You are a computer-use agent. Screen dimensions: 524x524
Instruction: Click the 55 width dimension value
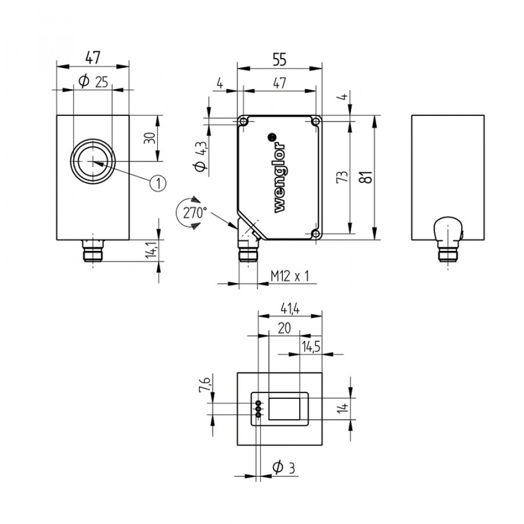click(x=279, y=60)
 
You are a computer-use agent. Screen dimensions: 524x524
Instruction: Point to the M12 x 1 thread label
click(x=290, y=276)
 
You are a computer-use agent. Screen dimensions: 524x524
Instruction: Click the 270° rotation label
click(x=195, y=213)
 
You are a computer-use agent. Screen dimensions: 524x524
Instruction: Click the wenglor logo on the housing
click(x=280, y=178)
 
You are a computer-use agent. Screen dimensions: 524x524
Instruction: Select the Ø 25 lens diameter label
click(x=93, y=81)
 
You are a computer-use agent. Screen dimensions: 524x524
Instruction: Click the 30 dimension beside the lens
click(x=150, y=138)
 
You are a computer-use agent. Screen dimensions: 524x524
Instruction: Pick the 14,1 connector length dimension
click(x=151, y=249)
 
